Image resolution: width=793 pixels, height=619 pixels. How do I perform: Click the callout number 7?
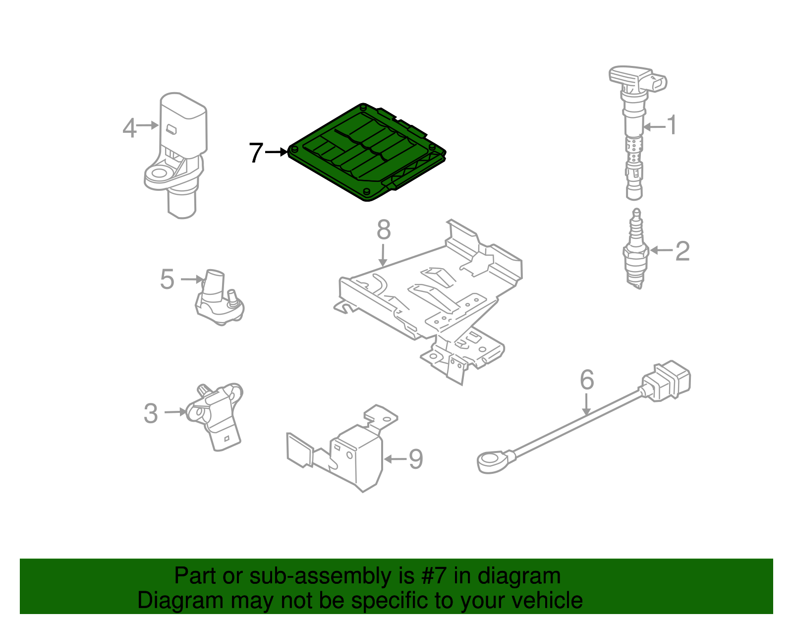tap(256, 153)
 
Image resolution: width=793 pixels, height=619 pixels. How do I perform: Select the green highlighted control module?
tap(367, 152)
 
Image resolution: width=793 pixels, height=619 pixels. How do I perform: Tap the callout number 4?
tap(129, 128)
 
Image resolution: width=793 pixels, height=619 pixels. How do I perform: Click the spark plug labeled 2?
tap(636, 249)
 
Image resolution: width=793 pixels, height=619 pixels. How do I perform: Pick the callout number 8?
tap(384, 230)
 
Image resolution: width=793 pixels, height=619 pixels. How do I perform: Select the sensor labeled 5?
tap(219, 298)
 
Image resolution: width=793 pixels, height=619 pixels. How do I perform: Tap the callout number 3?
tap(151, 414)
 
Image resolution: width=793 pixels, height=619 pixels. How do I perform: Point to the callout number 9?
tap(416, 459)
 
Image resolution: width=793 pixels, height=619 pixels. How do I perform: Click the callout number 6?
tap(587, 379)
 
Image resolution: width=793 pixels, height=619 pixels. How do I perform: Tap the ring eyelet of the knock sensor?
tap(492, 462)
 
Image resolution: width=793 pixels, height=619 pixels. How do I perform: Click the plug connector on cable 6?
tap(665, 382)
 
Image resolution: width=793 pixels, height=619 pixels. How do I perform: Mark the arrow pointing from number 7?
tap(276, 152)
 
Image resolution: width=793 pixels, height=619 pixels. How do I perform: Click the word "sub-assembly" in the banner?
tap(332, 576)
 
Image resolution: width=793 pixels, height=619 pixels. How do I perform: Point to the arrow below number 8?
tap(383, 255)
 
